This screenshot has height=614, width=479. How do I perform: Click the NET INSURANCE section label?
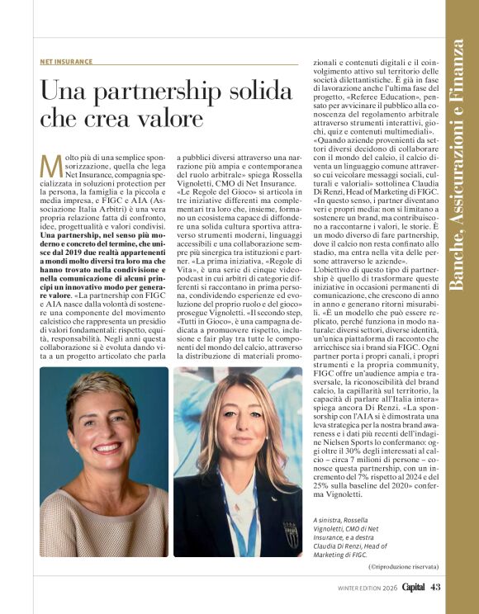pyautogui.click(x=65, y=62)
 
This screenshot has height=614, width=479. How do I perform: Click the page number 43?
pyautogui.click(x=437, y=588)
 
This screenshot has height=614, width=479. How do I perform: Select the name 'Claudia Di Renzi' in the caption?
pyautogui.click(x=337, y=546)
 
